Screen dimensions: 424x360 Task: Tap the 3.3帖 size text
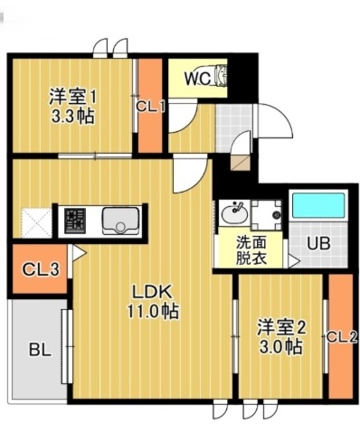[x=71, y=117]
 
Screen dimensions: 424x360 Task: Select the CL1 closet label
[x=150, y=105]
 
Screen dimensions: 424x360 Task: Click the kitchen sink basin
[x=118, y=220]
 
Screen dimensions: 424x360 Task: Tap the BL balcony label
[x=37, y=348]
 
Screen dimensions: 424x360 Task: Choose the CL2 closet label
[x=342, y=337]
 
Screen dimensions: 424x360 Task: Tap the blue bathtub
[x=317, y=205]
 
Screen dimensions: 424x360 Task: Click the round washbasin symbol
[x=233, y=214]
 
